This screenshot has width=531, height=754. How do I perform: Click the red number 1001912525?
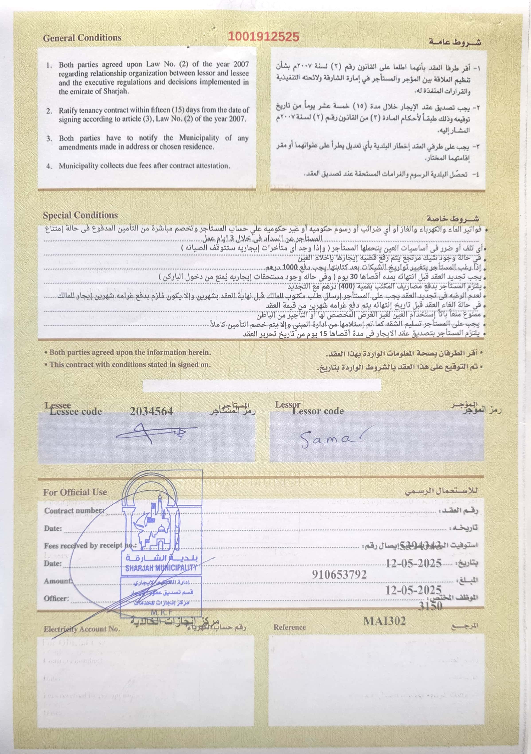coord(263,36)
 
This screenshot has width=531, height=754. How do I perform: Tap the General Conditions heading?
coord(82,38)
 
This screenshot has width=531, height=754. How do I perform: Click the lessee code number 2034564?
coord(151,411)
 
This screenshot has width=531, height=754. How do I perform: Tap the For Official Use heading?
coord(75,492)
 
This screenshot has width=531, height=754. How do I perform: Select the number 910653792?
coord(339,574)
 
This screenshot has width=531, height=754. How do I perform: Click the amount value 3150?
coord(430,606)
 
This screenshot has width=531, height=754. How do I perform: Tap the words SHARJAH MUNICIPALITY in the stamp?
coord(161,568)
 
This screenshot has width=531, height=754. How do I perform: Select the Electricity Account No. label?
coord(82,629)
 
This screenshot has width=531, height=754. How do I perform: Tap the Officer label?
coord(57,598)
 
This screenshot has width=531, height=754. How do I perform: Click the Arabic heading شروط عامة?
coord(455,42)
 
